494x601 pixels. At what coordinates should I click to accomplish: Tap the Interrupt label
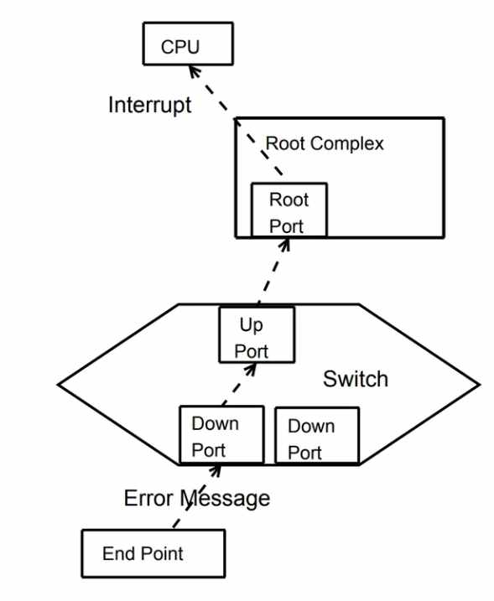[x=150, y=106]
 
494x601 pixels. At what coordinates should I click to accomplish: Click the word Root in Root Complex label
[x=283, y=144]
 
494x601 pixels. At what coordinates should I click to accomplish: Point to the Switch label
[x=356, y=379]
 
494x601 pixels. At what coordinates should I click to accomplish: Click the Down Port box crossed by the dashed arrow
[x=221, y=435]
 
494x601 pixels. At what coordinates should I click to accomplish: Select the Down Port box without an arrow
[x=316, y=437]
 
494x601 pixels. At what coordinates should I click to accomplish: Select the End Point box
[x=153, y=552]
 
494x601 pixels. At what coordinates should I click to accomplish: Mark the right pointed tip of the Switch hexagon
[x=480, y=386]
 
